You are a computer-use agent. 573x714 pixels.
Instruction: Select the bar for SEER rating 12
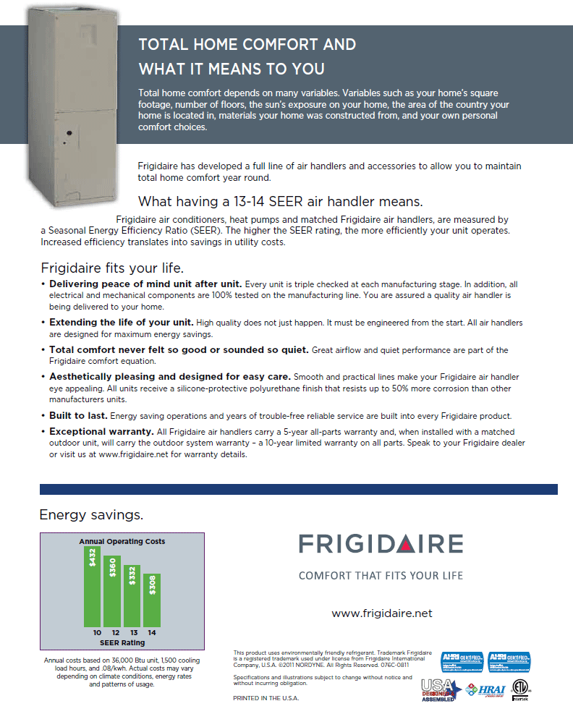112,592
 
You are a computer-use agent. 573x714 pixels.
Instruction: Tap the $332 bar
132,596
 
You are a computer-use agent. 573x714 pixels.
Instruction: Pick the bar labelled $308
152,600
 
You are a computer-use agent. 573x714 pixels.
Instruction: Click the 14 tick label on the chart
152,632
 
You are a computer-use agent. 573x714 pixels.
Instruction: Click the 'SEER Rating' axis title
122,642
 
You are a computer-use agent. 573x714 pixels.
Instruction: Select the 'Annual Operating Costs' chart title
122,541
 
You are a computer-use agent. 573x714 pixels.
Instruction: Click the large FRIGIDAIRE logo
381,545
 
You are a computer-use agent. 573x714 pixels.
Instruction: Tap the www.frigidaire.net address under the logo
381,613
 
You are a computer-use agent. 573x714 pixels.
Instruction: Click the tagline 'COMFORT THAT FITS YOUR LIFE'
381,576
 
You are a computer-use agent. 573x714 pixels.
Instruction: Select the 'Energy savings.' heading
91,515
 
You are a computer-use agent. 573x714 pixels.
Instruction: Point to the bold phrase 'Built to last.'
78,415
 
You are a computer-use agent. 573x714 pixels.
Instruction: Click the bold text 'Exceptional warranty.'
102,431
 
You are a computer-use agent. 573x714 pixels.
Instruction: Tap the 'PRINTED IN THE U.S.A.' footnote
266,698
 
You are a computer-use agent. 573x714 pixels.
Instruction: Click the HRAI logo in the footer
487,689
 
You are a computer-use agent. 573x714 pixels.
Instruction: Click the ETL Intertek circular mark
520,687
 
